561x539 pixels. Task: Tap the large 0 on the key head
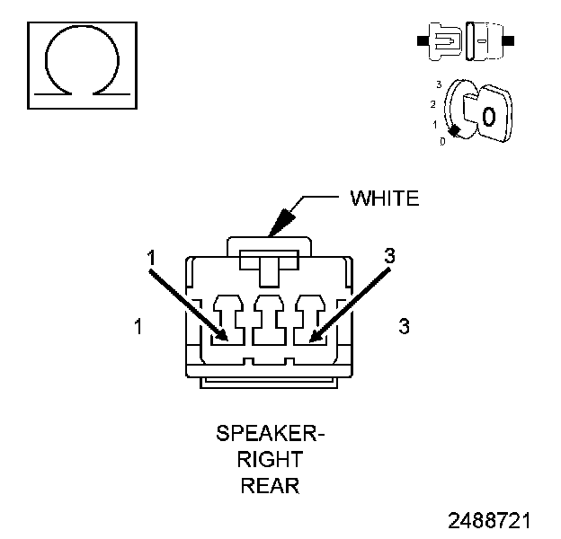click(488, 116)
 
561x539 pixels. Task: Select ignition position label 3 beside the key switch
click(438, 84)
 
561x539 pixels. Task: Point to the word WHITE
click(384, 199)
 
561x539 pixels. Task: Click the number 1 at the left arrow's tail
click(152, 258)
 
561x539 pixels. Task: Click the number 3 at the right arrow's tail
click(388, 256)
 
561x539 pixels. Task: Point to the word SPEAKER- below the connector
click(271, 435)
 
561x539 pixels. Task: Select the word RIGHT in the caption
click(271, 461)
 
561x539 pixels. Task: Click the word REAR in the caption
click(271, 487)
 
